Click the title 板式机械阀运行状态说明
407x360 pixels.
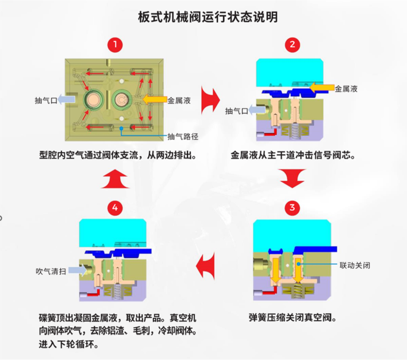[208, 17]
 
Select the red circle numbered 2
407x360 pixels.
[292, 44]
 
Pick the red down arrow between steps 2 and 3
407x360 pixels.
[292, 178]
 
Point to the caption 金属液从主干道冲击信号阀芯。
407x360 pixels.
[292, 155]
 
